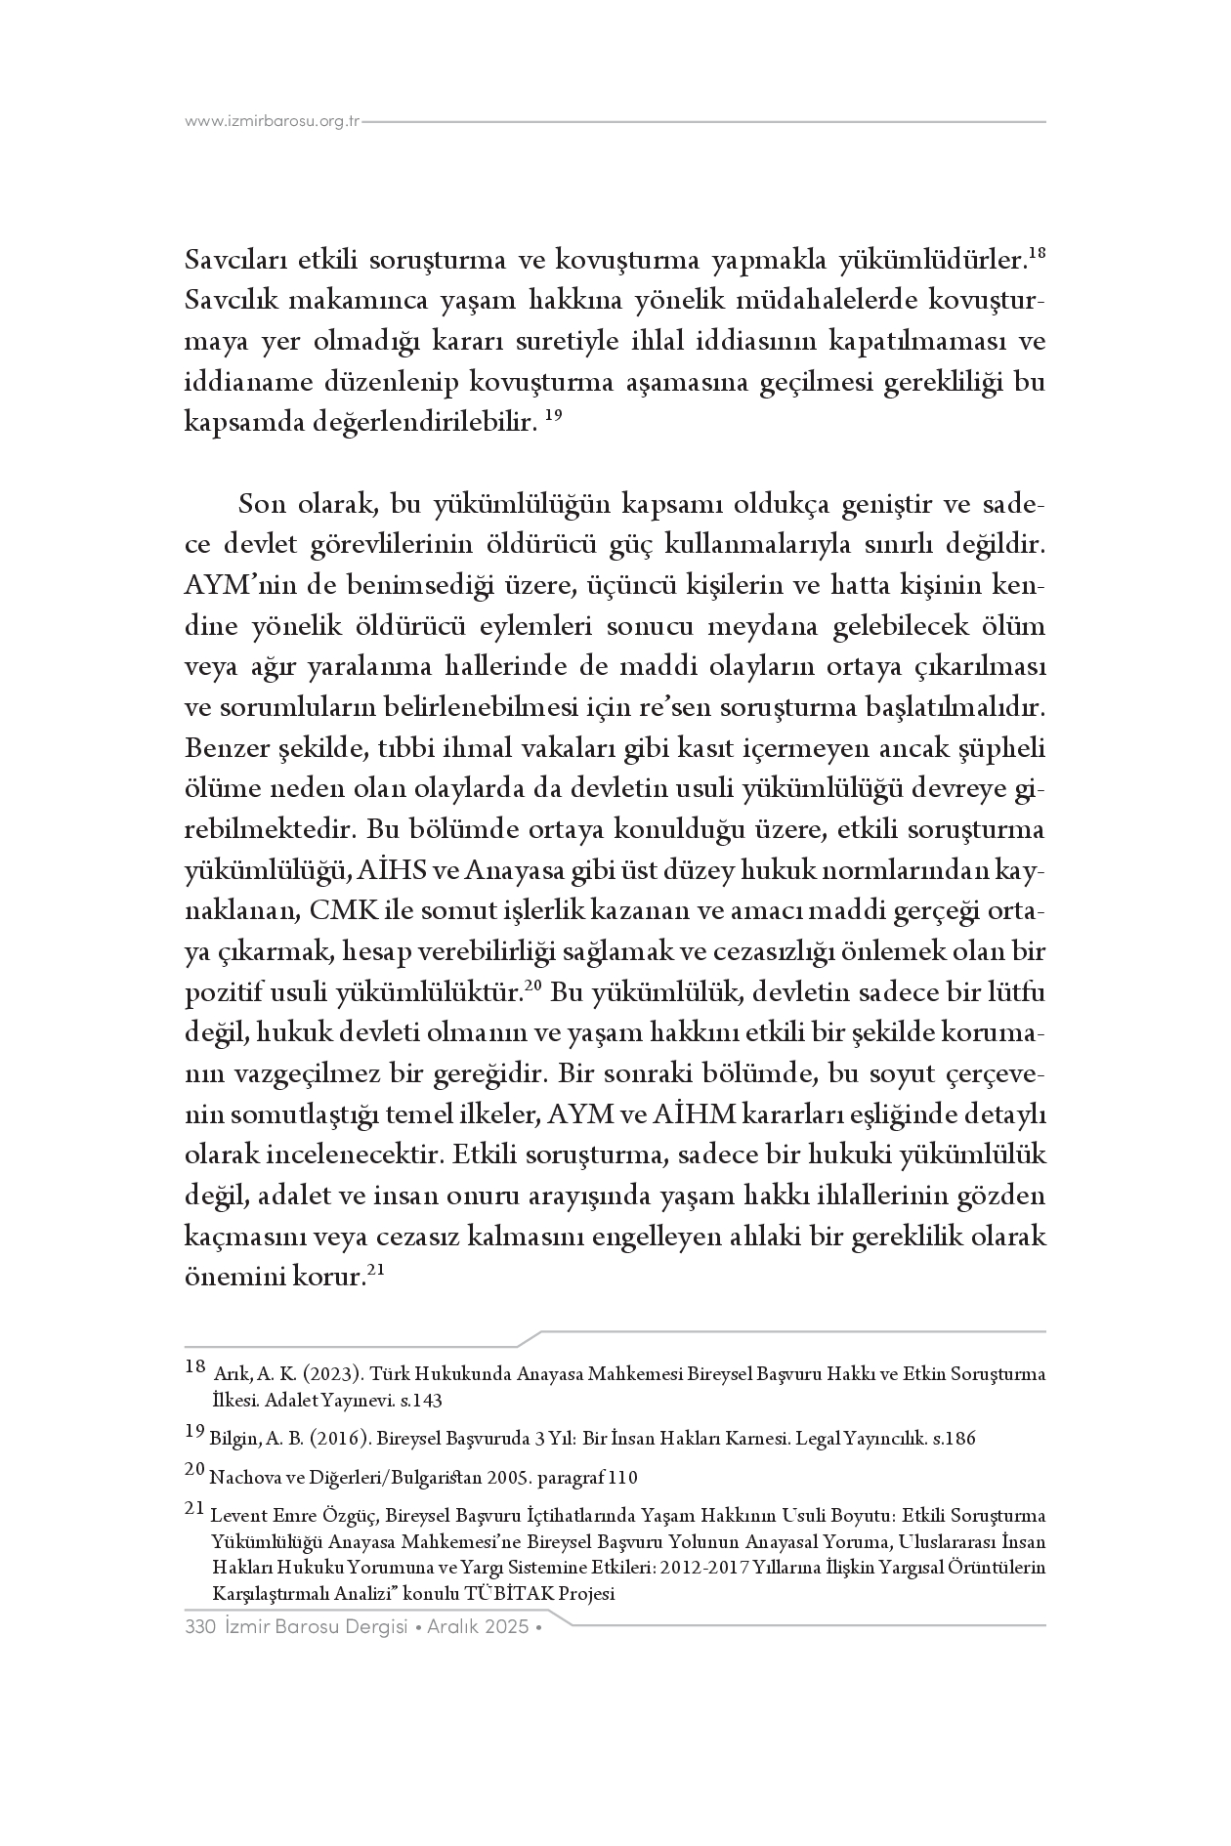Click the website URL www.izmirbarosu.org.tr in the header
(x=273, y=122)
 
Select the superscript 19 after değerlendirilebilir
(x=553, y=416)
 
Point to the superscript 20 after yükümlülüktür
(x=532, y=986)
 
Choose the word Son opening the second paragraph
(x=261, y=504)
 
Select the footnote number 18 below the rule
(x=194, y=1367)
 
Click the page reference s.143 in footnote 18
(x=421, y=1401)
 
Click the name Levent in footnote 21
(x=235, y=1516)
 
